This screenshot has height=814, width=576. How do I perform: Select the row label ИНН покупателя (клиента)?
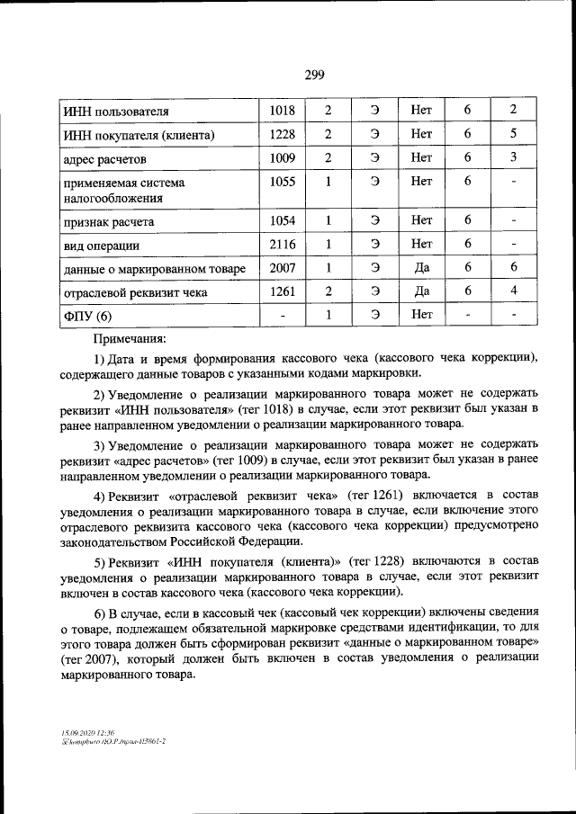click(139, 135)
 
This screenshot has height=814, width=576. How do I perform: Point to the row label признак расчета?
click(109, 221)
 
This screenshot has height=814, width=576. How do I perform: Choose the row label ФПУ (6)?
click(88, 316)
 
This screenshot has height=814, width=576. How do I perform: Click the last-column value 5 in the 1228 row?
click(512, 134)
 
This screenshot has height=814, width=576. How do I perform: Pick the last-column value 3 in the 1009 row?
click(512, 157)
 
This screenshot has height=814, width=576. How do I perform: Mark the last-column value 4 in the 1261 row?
click(512, 291)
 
